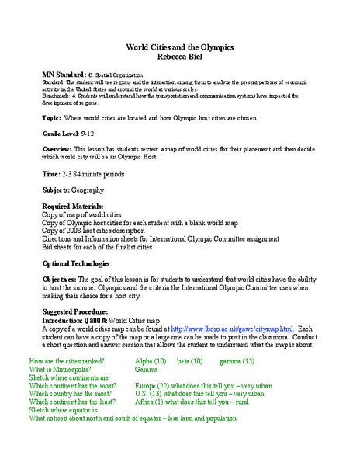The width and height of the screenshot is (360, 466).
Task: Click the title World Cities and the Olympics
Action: click(x=179, y=47)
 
